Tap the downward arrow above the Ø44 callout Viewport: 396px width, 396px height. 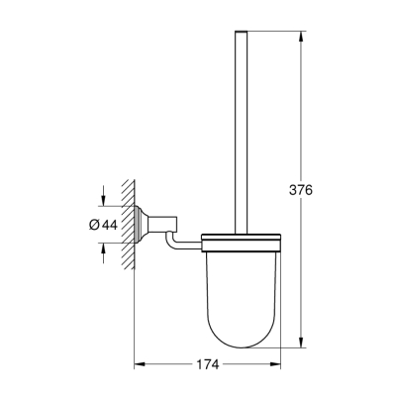pyautogui.click(x=102, y=204)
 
